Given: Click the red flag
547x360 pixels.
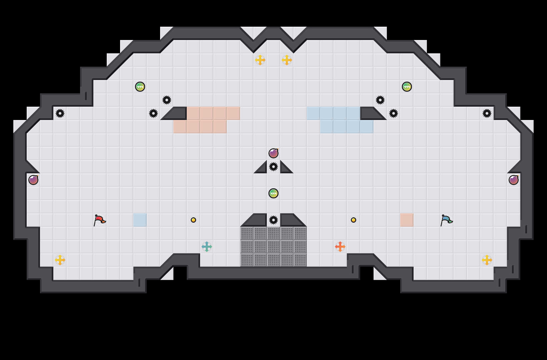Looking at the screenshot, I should [x=99, y=220].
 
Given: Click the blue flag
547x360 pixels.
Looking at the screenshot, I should [x=446, y=220].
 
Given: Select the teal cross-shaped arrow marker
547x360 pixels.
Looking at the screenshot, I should [x=207, y=247].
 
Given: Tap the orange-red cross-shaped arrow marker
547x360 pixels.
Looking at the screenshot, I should [x=340, y=247].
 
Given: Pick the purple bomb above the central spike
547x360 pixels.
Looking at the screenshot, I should [x=273, y=153].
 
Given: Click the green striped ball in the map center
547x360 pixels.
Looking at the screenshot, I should [x=273, y=193].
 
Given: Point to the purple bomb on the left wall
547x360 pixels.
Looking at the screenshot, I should [x=33, y=180].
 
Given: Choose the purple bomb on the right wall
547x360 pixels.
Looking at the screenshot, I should [x=514, y=180].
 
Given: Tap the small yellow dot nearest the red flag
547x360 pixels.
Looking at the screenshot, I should [x=193, y=220].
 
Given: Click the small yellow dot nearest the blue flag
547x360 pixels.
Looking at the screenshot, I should [x=354, y=220].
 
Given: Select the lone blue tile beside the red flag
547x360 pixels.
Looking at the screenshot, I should [x=140, y=220].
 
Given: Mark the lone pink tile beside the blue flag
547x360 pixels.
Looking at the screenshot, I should [x=407, y=220].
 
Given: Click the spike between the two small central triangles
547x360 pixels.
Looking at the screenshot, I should [x=273, y=167].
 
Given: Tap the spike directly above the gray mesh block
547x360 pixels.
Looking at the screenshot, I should [x=273, y=220].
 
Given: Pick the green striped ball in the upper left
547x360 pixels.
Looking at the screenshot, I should [x=140, y=87].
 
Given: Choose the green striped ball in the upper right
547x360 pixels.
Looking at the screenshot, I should [x=407, y=87].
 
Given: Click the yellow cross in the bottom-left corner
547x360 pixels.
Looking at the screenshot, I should [x=60, y=260].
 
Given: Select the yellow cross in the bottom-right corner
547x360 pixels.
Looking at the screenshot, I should [x=487, y=260].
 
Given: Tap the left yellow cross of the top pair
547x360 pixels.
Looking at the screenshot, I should [x=260, y=60].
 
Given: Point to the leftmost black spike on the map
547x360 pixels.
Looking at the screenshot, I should [x=60, y=113].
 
